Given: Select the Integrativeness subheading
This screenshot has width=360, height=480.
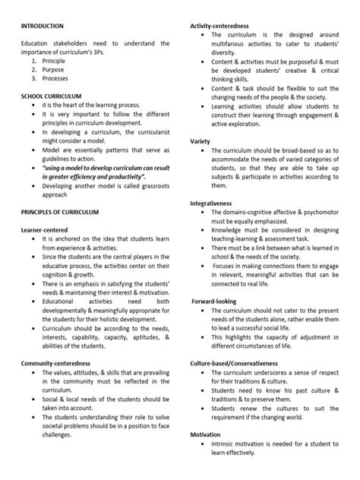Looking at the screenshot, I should pos(216,203).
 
